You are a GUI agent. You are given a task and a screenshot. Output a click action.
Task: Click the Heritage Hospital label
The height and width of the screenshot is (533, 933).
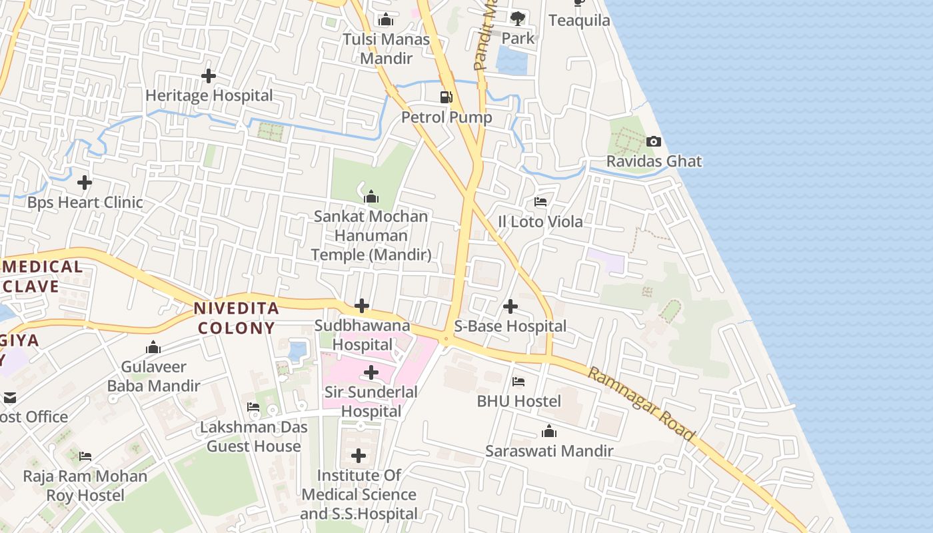point(209,96)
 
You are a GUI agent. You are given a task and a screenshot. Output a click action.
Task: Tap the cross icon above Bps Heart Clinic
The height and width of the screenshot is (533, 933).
point(85,182)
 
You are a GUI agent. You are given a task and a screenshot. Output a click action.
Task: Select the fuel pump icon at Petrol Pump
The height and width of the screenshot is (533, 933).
point(446,97)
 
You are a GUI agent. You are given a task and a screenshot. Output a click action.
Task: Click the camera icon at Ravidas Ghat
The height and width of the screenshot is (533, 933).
point(654,141)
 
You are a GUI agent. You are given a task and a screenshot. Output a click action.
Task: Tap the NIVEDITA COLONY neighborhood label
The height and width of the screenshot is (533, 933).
point(236,318)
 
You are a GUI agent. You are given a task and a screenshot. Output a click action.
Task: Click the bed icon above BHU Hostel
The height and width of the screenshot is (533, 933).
point(518,381)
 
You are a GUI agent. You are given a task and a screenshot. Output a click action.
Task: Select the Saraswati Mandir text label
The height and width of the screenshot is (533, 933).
point(549,451)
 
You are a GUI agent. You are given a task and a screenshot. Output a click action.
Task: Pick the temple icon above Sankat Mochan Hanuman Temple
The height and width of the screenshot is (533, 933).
point(371,197)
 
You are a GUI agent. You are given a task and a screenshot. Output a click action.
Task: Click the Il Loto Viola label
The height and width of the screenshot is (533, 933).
point(540,221)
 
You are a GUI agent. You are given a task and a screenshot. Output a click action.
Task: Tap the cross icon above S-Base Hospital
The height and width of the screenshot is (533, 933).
point(510,306)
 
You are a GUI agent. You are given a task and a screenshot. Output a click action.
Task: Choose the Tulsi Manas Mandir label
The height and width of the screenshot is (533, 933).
point(387,49)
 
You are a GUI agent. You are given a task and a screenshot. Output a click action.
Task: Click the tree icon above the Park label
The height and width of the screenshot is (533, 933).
point(518,18)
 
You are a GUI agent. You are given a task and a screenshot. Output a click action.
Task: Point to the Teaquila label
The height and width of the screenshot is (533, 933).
point(579,21)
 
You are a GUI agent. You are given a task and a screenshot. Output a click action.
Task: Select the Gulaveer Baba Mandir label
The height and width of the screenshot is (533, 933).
point(154,376)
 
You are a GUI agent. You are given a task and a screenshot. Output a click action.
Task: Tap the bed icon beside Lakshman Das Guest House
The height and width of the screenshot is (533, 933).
point(253,407)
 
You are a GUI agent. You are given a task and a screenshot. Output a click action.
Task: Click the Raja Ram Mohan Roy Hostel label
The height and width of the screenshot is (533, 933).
point(85,486)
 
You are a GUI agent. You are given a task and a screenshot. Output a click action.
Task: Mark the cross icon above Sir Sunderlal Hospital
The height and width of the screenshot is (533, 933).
point(371,372)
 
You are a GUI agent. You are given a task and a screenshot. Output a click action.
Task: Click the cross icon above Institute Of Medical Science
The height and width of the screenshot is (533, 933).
point(359,456)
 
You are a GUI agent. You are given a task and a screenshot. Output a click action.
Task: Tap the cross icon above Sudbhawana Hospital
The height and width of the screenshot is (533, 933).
point(362,306)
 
